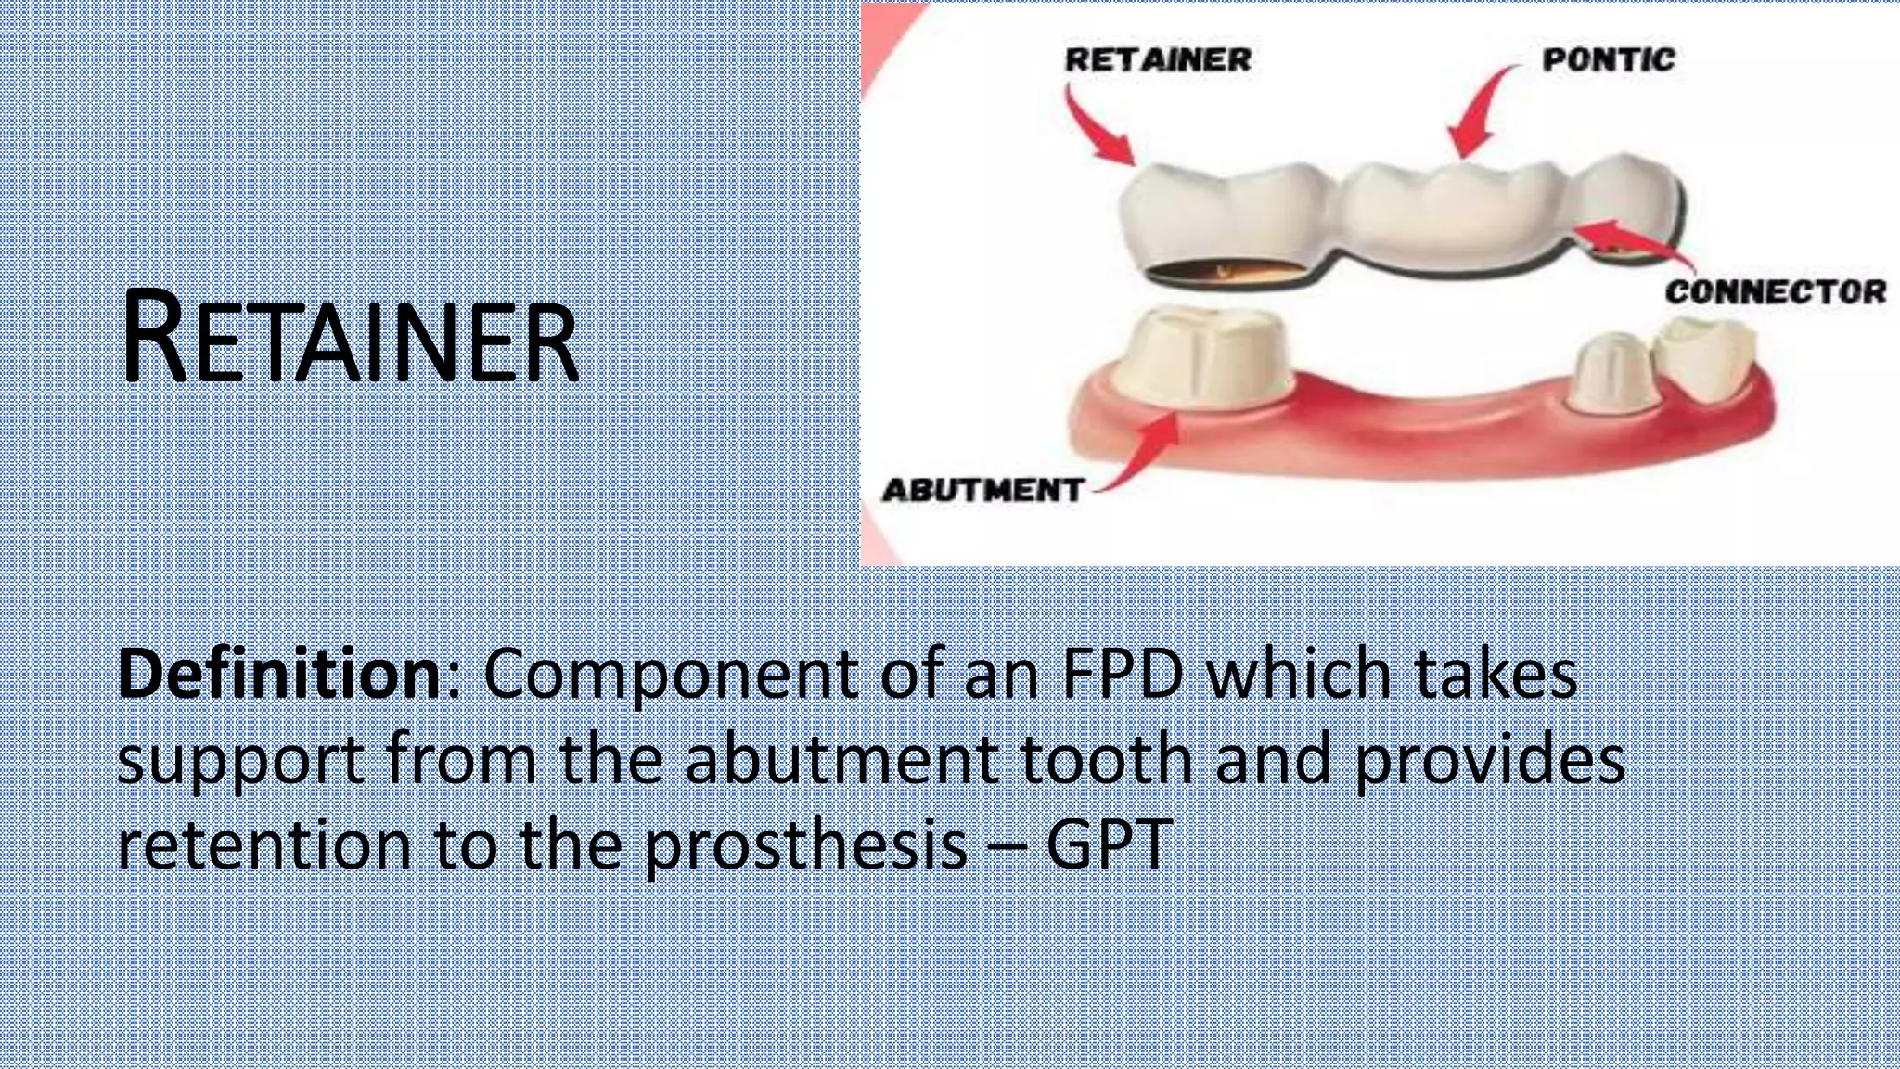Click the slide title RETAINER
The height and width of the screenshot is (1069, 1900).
350,338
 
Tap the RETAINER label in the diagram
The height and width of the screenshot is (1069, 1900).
1158,60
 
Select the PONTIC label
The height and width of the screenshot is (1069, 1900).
1609,60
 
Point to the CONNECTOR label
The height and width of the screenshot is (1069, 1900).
1775,292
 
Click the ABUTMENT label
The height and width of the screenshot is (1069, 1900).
982,490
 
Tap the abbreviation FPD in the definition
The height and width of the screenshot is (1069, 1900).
1123,674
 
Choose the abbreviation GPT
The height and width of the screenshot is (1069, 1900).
1110,844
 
